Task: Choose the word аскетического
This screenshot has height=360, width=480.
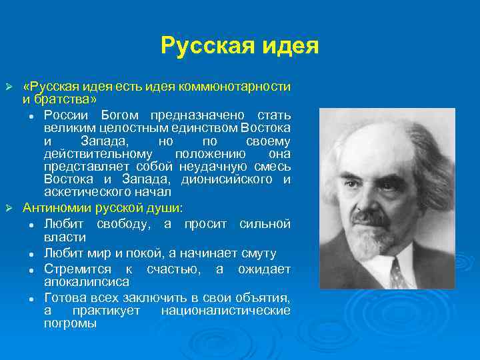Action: click(83, 192)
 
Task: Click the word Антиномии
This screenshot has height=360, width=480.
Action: click(54, 206)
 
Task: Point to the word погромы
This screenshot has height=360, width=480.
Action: click(70, 323)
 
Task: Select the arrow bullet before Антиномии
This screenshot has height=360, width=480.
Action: click(9, 207)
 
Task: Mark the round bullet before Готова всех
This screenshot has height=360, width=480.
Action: click(31, 298)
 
